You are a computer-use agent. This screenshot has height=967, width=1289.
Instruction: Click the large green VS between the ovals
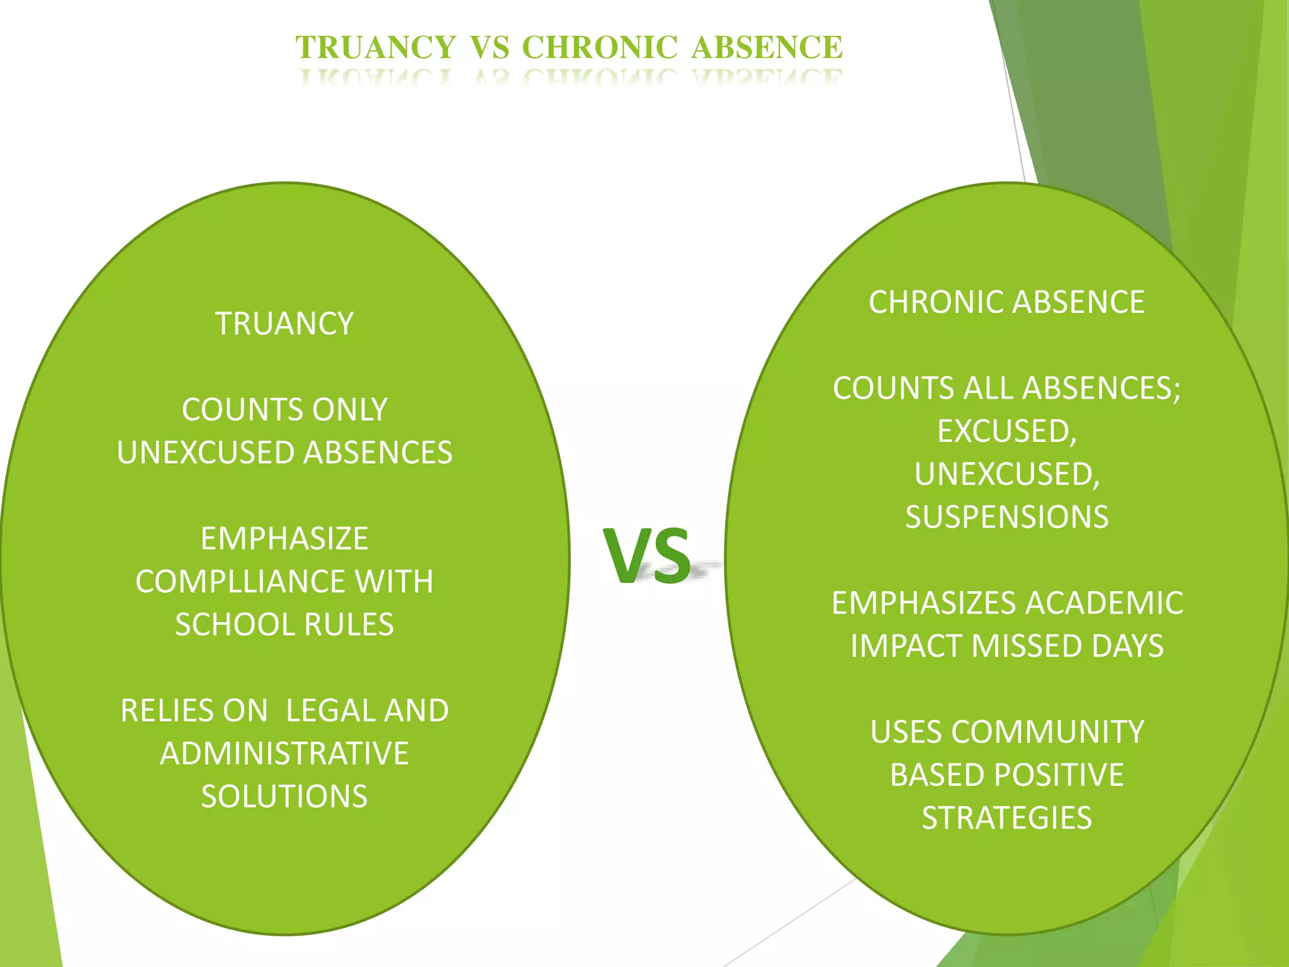tap(647, 555)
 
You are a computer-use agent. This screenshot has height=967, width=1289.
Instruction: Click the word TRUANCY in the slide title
tap(376, 48)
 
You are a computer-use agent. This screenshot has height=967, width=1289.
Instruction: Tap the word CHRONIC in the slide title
tap(599, 48)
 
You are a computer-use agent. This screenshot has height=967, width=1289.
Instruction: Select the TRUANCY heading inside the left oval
tap(284, 324)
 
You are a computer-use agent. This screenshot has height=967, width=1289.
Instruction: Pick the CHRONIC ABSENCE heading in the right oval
tap(1006, 302)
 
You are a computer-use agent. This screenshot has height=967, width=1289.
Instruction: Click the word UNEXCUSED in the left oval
tap(205, 453)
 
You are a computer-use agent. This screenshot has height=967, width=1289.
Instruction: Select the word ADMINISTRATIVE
tap(284, 754)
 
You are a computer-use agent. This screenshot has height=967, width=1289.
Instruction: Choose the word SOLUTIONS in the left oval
tap(284, 796)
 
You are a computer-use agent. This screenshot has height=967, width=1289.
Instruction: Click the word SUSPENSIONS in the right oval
tap(1006, 517)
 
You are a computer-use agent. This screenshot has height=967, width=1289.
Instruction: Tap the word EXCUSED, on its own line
tap(1006, 431)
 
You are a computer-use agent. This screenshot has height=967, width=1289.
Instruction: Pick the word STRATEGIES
tap(1006, 818)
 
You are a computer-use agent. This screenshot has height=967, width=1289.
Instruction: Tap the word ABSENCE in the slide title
tap(767, 48)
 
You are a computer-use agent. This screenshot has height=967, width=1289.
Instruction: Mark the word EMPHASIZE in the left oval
tap(284, 539)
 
